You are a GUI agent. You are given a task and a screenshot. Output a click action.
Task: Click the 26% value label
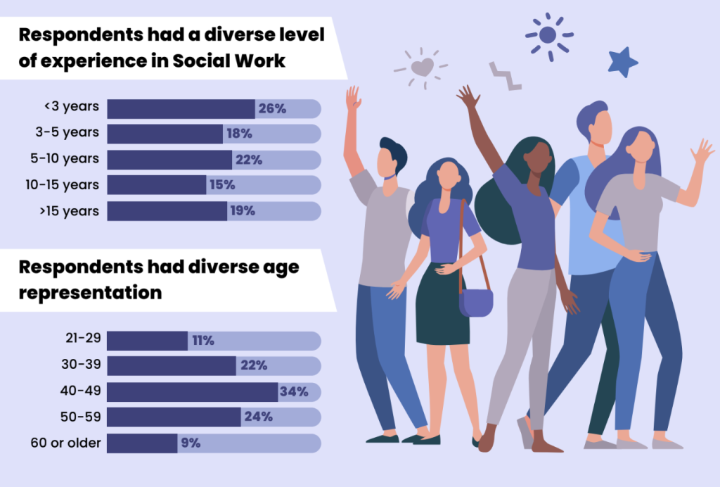coord(272,109)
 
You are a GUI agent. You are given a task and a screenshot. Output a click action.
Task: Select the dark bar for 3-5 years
coord(165,134)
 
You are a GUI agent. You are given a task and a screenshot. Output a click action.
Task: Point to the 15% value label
coord(221,185)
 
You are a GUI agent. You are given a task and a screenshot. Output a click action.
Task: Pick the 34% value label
coord(294,392)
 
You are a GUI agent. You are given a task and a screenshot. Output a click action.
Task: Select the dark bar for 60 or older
coord(142,443)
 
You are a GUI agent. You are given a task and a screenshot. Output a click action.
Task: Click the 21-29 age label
coord(83,339)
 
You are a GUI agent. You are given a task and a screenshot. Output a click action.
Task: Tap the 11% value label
coord(202,341)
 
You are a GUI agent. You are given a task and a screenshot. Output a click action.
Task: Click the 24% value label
coord(258,417)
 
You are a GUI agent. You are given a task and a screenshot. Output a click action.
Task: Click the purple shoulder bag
coord(475,302)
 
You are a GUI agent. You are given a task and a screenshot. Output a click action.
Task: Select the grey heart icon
coord(422,68)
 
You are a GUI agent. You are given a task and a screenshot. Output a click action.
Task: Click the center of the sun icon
coord(548,34)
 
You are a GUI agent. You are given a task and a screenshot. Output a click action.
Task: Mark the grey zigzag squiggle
coord(505,76)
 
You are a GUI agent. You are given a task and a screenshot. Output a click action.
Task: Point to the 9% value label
coord(190,443)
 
